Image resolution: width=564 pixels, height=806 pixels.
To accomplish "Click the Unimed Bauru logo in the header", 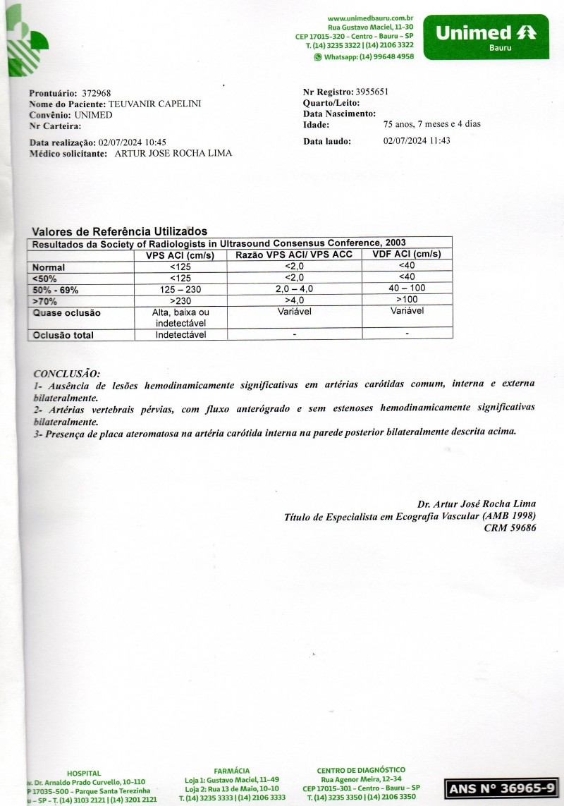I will (485, 37).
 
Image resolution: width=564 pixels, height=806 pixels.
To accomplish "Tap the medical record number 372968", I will (97, 93).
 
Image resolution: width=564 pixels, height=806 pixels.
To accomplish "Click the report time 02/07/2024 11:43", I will (417, 140).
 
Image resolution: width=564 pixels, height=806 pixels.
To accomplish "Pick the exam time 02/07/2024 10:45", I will (133, 142).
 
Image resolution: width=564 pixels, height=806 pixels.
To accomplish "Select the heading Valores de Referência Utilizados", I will (120, 231).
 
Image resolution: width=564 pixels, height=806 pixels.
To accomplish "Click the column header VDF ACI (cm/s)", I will (407, 255).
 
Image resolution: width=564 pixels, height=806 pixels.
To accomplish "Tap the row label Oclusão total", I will (63, 336).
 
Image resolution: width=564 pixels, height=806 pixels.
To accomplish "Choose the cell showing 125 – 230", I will (180, 290).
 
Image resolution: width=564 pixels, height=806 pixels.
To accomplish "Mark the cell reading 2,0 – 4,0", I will (294, 289).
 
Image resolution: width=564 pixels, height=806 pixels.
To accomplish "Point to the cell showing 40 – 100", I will (407, 288).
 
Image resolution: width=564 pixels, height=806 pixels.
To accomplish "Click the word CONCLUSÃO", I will (67, 373).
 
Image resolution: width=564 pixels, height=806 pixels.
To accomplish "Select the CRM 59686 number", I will (510, 527).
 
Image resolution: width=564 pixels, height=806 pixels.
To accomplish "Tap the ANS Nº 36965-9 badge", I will (501, 788).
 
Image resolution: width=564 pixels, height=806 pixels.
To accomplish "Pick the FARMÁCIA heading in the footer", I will (231, 771).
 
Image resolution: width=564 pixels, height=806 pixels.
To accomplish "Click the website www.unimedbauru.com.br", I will (370, 18).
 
